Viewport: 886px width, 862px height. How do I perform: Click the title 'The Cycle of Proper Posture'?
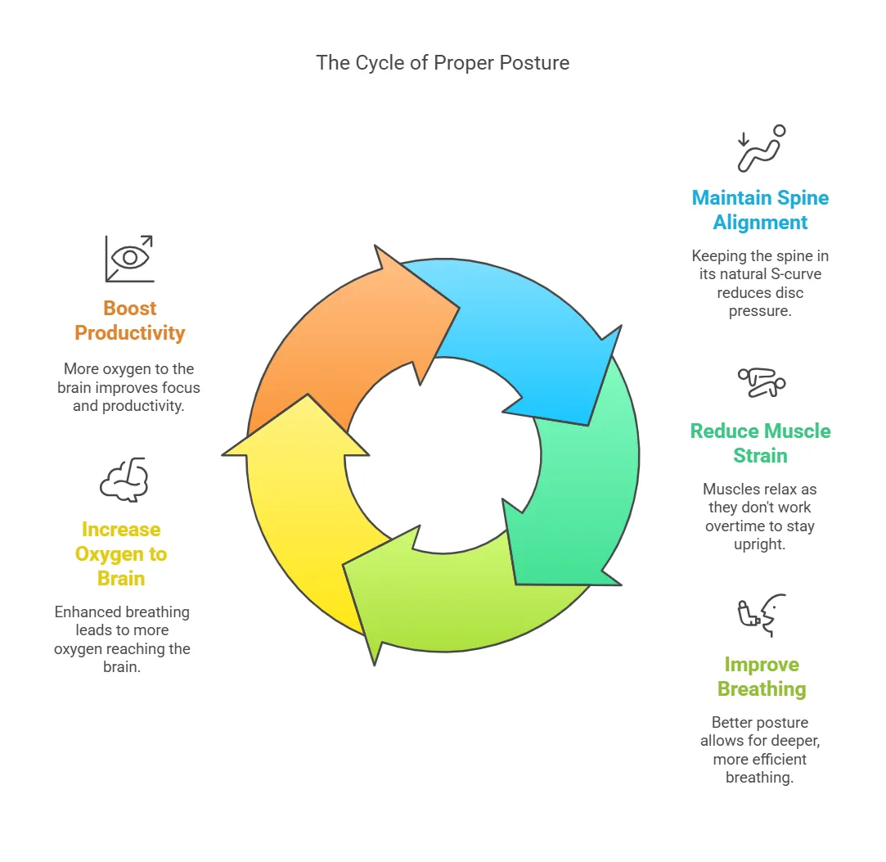[x=443, y=63]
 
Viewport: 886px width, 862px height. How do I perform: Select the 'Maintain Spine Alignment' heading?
[x=760, y=210]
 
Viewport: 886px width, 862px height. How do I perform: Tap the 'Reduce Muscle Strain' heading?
[x=760, y=443]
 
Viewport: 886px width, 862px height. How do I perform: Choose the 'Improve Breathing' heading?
[x=762, y=676]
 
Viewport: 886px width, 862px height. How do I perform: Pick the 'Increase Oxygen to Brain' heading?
[x=121, y=553]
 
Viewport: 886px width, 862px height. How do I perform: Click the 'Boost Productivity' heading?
[x=129, y=320]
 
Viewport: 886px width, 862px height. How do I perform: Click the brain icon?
[x=124, y=480]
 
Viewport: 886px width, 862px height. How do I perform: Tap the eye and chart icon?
[x=128, y=258]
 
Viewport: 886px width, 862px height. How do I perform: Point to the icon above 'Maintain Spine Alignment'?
[x=761, y=148]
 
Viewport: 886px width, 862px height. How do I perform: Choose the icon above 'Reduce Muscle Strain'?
[x=761, y=382]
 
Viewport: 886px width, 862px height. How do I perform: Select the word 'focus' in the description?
[x=182, y=387]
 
